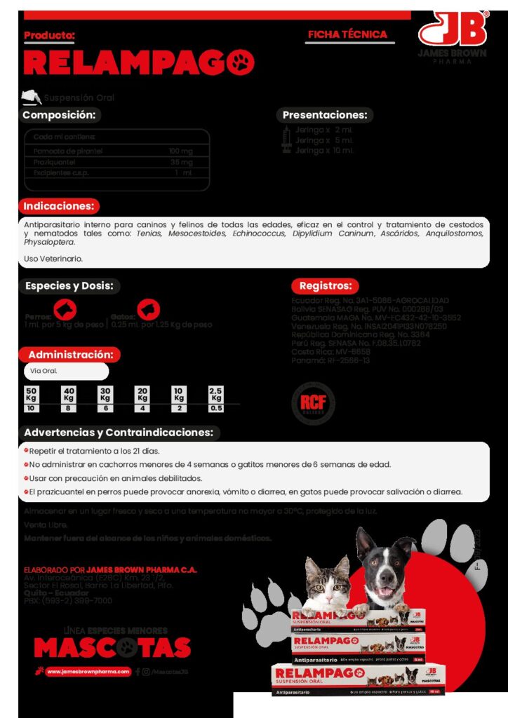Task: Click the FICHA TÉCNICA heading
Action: click(x=347, y=34)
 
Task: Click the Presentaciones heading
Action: click(x=324, y=115)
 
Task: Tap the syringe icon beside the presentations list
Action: click(x=286, y=140)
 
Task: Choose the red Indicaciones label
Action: click(x=59, y=206)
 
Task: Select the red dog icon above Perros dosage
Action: click(x=65, y=309)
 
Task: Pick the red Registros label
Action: click(x=324, y=285)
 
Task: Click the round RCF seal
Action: click(x=312, y=402)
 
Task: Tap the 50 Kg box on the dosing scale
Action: click(x=31, y=399)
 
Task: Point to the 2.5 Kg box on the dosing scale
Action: click(x=216, y=399)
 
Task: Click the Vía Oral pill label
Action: click(x=65, y=371)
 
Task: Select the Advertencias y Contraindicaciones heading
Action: click(x=118, y=432)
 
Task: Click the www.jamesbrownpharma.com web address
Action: click(x=89, y=671)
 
